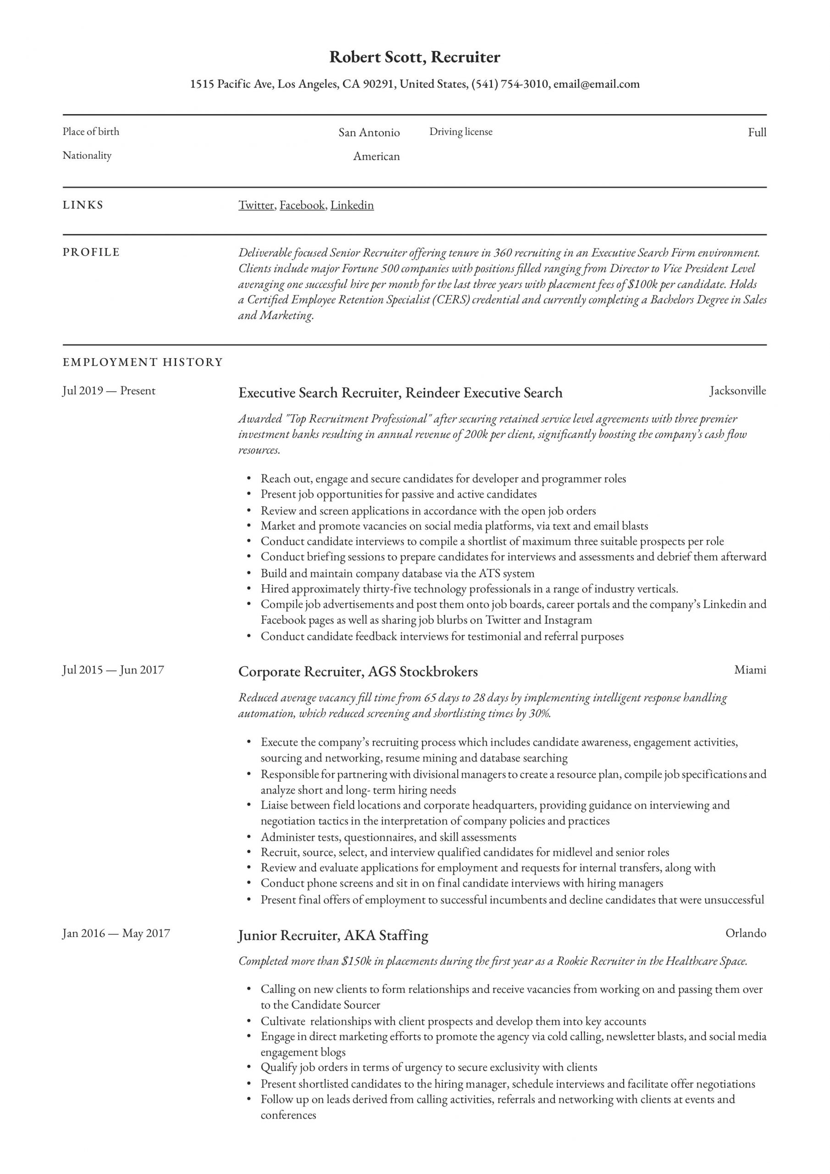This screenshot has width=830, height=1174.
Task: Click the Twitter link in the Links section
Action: [256, 205]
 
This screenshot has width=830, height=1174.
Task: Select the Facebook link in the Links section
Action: [302, 205]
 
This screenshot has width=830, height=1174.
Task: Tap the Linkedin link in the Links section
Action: [352, 205]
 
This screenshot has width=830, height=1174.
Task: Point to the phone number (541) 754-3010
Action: [509, 84]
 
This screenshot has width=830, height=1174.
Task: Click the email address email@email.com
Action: [596, 84]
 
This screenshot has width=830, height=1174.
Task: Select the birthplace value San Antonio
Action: [369, 133]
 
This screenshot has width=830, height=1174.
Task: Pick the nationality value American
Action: [376, 156]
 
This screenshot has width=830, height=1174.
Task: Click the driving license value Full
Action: [757, 133]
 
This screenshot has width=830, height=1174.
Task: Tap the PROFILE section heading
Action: [91, 252]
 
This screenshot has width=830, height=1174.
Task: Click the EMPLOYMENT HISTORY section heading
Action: [143, 362]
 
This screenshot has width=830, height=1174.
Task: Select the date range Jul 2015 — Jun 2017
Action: [113, 670]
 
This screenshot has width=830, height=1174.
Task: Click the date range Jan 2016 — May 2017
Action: [116, 933]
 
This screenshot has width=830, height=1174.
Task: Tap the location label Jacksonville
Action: [737, 391]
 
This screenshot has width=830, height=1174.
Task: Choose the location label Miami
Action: [750, 670]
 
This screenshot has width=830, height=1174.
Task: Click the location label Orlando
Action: [746, 933]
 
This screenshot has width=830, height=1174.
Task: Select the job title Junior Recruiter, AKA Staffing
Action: [333, 935]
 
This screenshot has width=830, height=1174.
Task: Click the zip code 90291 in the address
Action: [378, 84]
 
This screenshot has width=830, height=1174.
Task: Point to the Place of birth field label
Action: [91, 132]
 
